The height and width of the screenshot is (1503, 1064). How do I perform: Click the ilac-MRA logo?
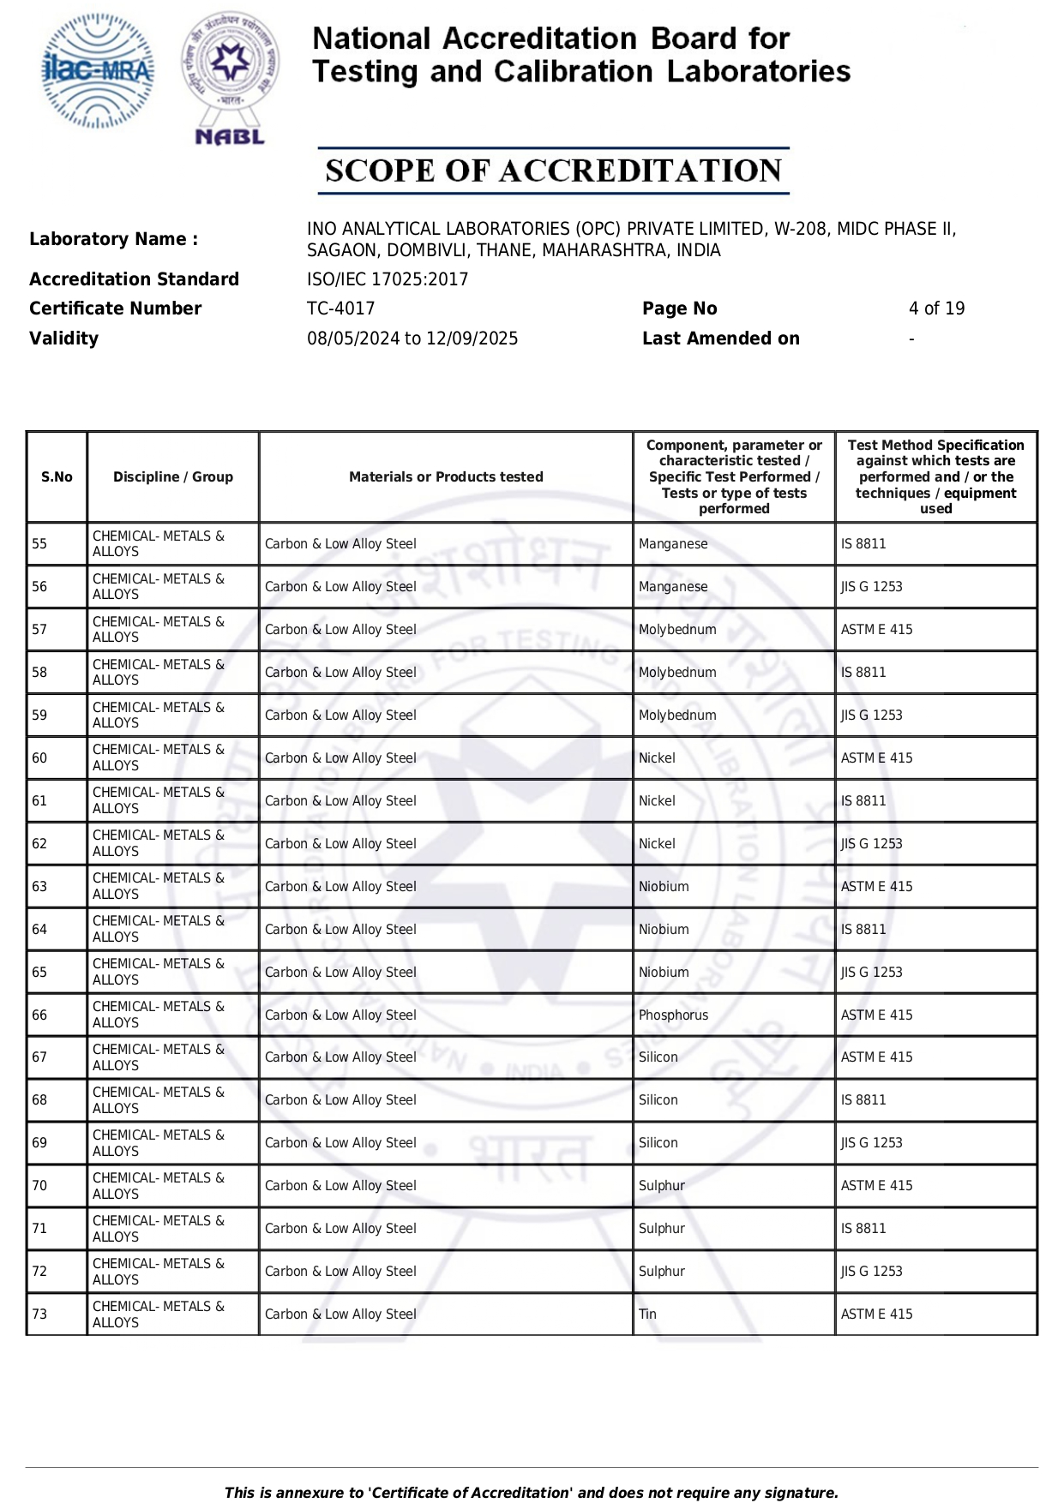[x=99, y=71]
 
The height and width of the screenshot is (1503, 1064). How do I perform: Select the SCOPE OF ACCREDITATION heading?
[x=553, y=171]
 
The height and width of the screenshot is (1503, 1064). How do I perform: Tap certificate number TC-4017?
[x=340, y=308]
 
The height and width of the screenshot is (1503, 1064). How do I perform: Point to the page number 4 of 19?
[x=936, y=308]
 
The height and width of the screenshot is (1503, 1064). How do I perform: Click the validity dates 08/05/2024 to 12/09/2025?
[x=412, y=338]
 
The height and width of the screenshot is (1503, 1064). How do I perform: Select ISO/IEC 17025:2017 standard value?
[x=388, y=279]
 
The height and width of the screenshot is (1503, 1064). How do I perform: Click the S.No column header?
[x=57, y=477]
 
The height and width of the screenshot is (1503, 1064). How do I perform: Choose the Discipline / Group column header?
[x=173, y=477]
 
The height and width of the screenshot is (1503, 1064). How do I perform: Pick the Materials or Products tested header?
[x=446, y=477]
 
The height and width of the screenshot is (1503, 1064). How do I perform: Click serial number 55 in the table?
[x=40, y=544]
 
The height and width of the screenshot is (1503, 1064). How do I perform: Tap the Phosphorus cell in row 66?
[x=673, y=1015]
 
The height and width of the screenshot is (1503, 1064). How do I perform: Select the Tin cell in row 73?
[x=647, y=1314]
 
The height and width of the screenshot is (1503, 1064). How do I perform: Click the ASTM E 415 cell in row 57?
[x=876, y=630]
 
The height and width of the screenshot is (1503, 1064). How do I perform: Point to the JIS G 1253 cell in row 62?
[x=871, y=844]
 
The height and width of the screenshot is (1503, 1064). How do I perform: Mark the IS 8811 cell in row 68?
[x=863, y=1100]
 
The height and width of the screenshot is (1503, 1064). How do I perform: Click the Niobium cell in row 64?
[x=664, y=930]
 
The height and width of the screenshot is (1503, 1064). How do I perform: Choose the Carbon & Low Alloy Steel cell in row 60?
[x=340, y=758]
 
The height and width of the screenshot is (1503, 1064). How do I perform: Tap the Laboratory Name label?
[x=113, y=239]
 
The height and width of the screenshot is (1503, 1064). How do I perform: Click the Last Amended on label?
[x=720, y=338]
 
